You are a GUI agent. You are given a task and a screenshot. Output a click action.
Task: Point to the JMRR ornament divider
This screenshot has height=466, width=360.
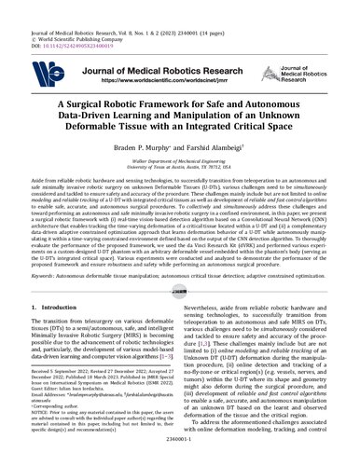180,291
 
